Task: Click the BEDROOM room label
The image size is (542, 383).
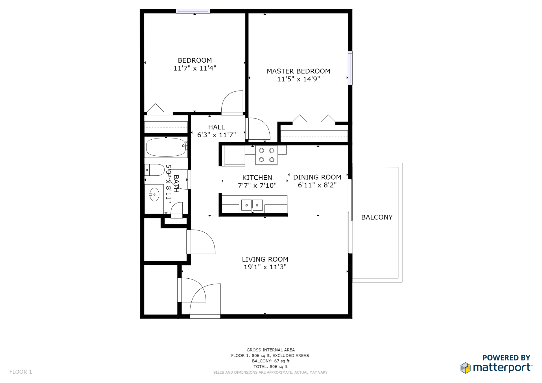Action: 194,60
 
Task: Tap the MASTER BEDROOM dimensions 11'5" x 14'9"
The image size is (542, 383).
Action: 298,79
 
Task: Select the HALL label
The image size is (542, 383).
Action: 216,127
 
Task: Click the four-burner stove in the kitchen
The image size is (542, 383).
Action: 266,155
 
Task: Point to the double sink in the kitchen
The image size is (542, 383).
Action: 252,205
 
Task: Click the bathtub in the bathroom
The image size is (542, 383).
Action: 166,147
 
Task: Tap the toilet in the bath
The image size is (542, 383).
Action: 155,170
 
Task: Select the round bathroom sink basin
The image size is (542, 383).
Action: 154,195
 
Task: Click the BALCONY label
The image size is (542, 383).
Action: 377,217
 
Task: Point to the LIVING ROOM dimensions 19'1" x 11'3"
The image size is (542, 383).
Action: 265,267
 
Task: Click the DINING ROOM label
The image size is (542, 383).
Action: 317,177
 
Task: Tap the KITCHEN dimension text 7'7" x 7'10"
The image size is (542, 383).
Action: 257,185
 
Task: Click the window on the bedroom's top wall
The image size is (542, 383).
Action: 193,11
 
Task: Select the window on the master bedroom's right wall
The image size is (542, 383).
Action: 350,68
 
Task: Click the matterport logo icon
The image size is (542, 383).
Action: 465,368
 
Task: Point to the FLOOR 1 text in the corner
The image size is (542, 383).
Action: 21,372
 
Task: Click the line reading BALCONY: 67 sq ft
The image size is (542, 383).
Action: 270,361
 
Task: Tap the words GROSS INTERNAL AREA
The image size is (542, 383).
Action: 270,350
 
